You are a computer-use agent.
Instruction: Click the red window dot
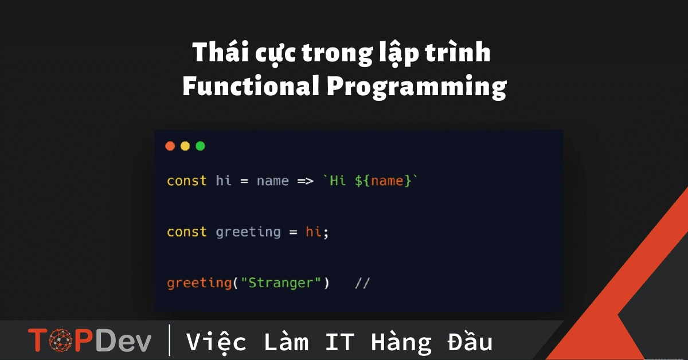[x=170, y=146]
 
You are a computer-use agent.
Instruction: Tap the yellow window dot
[x=185, y=146]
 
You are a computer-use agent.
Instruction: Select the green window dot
[x=200, y=146]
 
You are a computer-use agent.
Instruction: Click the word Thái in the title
[x=220, y=52]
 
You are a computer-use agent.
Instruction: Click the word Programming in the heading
[x=416, y=88]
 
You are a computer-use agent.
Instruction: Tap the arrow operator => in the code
[x=305, y=181]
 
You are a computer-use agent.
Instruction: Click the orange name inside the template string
[x=387, y=181]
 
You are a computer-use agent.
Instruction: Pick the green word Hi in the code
[x=338, y=181]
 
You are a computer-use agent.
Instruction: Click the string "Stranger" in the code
[x=281, y=283]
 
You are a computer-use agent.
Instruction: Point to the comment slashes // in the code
[x=362, y=283]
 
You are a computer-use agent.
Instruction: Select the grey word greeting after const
[x=248, y=232]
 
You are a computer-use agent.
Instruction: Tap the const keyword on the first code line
[x=187, y=181]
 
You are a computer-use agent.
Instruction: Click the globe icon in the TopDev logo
[x=61, y=340]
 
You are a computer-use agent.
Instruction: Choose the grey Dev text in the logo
[x=123, y=340]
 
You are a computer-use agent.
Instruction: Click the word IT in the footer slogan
[x=339, y=342]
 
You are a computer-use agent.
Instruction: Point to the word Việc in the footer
[x=216, y=342]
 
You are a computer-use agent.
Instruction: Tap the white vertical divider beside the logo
[x=170, y=340]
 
